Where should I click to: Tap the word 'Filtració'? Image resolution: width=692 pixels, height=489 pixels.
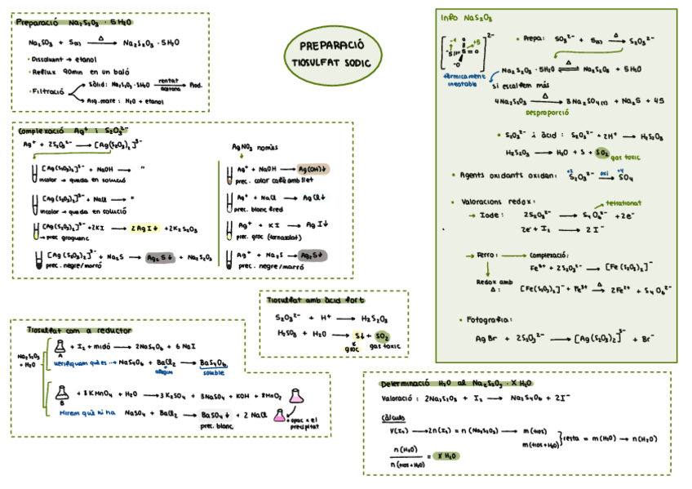tap(47, 91)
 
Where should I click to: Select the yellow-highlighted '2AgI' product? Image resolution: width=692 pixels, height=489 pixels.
tap(144, 228)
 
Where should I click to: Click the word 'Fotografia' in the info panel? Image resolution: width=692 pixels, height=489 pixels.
tap(489, 319)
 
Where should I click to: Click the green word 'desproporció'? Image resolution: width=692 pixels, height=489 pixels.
tap(551, 113)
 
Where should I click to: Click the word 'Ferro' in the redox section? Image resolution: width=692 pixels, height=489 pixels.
tap(486, 255)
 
